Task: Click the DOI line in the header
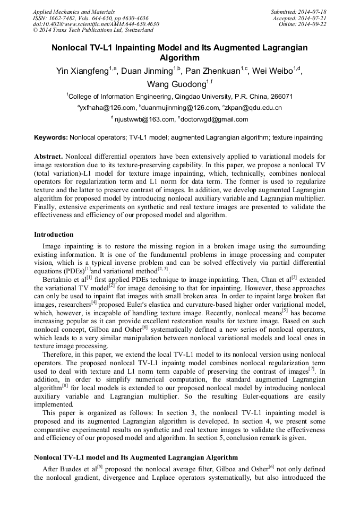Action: pos(96,24)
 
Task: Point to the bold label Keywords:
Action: pos(51,137)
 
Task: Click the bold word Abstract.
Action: pos(48,157)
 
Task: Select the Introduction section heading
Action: pos(54,235)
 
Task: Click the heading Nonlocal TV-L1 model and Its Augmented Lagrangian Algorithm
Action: pos(135,458)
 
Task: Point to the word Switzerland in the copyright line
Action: pos(134,30)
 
